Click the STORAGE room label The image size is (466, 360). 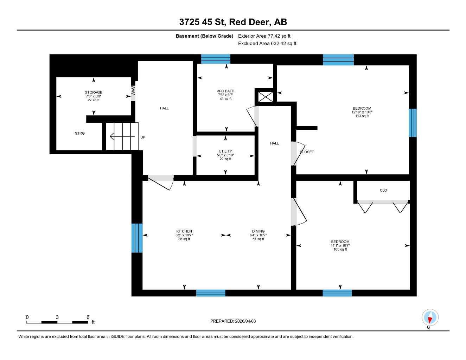pos(93,92)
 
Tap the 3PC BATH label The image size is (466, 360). pos(225,91)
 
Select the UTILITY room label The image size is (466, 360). pos(225,151)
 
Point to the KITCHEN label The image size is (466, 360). pos(184,231)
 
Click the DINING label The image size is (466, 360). pos(258,231)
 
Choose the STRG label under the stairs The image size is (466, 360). pos(80,133)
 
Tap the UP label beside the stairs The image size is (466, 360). pos(143,137)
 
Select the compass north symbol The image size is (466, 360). pos(430,318)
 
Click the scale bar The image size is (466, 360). pos(57,322)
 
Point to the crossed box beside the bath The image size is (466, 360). pos(266,97)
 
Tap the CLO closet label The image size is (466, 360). pos(383,190)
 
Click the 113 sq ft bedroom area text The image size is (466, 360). pos(362,116)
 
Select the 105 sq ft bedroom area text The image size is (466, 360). pos(340,249)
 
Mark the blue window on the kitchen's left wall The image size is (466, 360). pos(137,238)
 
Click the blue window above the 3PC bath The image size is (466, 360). pos(216,59)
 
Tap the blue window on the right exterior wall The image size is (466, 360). pos(413,123)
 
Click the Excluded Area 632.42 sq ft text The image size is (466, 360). pos(267,44)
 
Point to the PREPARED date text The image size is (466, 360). pos(233,321)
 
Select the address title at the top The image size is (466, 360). pos(233,22)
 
